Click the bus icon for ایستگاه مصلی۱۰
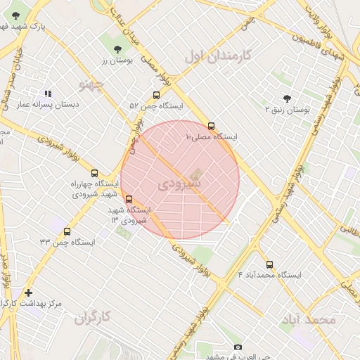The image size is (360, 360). pos(211,127)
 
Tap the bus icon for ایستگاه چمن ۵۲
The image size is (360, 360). pos(156,96)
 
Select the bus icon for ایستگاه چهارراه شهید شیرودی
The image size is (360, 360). pos(95,173)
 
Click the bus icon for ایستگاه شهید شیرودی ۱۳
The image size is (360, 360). pos(128,199)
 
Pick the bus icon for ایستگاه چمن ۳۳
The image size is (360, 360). pos(67,231)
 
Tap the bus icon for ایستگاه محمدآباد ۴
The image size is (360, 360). pos(269,264)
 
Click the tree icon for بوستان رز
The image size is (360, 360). pos(117,49)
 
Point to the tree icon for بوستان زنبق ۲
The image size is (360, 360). pos(286,98)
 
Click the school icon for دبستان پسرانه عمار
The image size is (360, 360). pos(48,93)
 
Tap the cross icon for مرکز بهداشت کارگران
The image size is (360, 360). pos(28,292)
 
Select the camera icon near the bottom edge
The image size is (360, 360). pos(238,347)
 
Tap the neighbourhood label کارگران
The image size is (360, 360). pos(94,317)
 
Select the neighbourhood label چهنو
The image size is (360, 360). pos(91,85)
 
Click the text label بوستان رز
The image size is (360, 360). pos(116,61)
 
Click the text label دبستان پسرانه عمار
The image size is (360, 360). pos(49,104)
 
